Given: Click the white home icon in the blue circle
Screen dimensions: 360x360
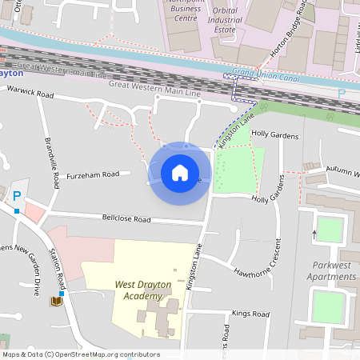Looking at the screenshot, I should coord(180,172).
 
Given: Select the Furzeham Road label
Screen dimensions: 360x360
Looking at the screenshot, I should coord(93,174).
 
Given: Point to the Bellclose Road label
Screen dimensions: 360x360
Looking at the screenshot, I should coord(126,218).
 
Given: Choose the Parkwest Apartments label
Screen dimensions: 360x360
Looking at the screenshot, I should coord(332,270).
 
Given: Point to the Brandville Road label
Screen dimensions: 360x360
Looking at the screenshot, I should coord(51,163).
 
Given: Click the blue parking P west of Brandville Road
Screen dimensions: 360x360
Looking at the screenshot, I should coord(16,196).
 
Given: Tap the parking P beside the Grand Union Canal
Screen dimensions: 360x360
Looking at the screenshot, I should coord(342,94).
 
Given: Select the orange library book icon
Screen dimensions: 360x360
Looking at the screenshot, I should coord(56,301).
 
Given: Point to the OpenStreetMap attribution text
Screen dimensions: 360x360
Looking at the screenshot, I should coord(81,354).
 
